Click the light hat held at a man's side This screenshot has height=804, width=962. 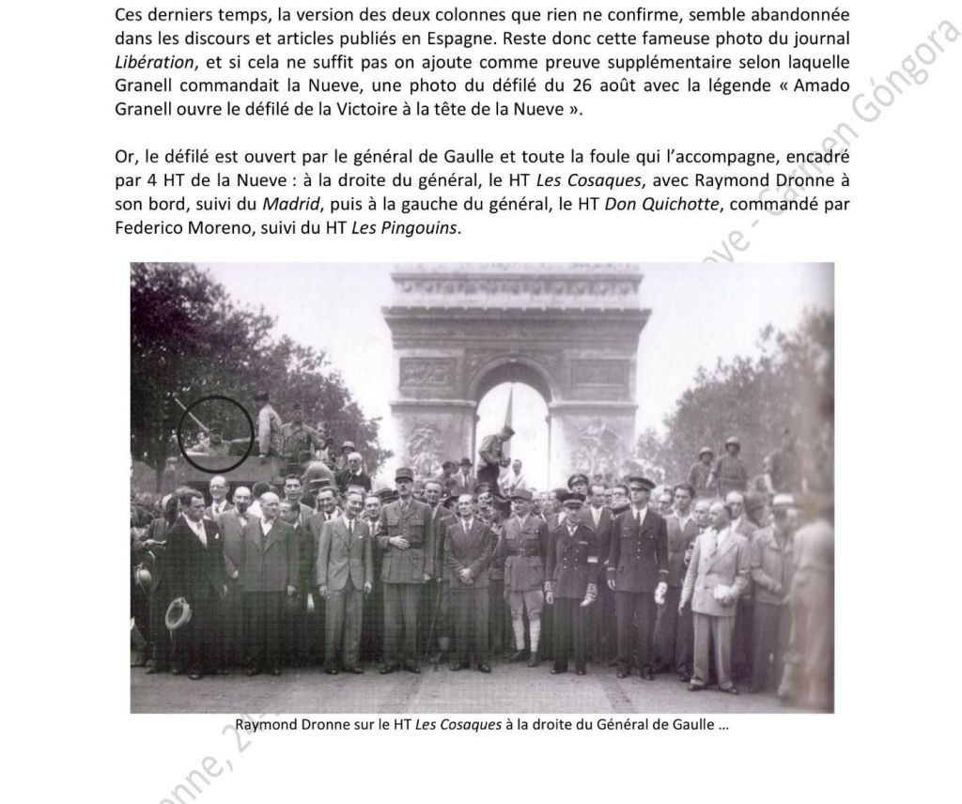tap(178, 612)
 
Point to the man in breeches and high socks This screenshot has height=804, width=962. tap(522, 573)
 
